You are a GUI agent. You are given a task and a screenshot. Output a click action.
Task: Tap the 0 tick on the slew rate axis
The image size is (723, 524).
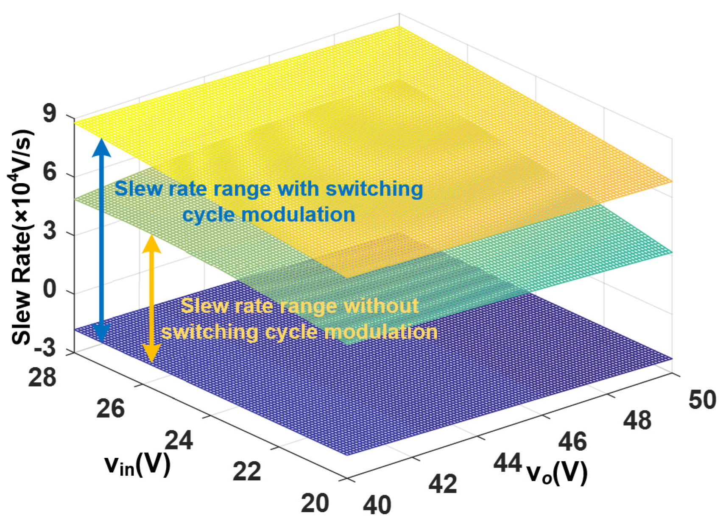point(50,290)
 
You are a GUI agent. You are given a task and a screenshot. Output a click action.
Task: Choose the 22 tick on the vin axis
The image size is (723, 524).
point(247,471)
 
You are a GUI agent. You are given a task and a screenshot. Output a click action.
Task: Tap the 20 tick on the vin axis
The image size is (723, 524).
point(315,503)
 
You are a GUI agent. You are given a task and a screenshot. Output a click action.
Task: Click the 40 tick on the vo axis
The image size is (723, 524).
point(377,505)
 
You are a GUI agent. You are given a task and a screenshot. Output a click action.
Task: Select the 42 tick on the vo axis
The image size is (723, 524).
point(443,484)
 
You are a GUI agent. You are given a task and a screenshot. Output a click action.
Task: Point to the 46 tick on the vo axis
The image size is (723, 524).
point(572,441)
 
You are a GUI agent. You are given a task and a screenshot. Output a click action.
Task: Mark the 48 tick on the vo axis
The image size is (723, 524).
point(637,420)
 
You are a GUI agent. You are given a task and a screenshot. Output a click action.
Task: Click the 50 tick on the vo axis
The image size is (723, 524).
point(702,399)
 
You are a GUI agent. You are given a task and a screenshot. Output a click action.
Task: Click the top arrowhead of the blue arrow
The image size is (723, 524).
point(101,146)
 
